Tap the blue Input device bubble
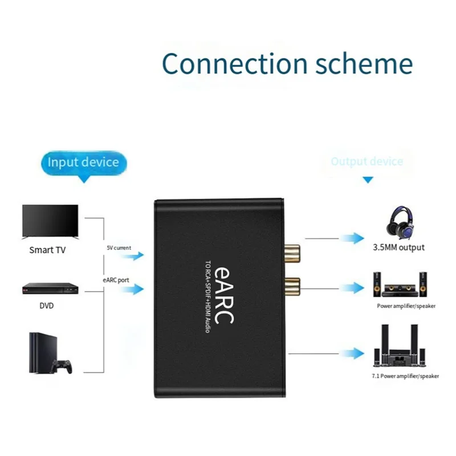[83, 162]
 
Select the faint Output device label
[367, 161]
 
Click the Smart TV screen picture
[49, 222]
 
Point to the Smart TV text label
[49, 250]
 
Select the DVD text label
[47, 306]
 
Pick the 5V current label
[119, 248]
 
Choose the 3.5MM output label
[399, 248]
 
